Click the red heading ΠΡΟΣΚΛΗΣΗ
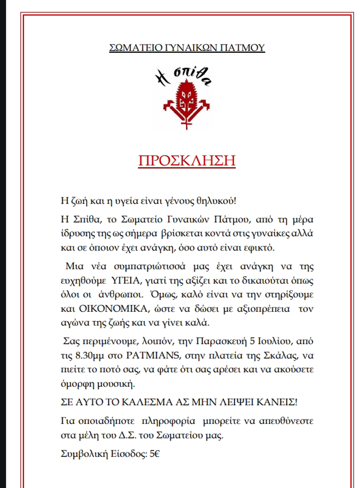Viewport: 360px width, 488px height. (x=187, y=161)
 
